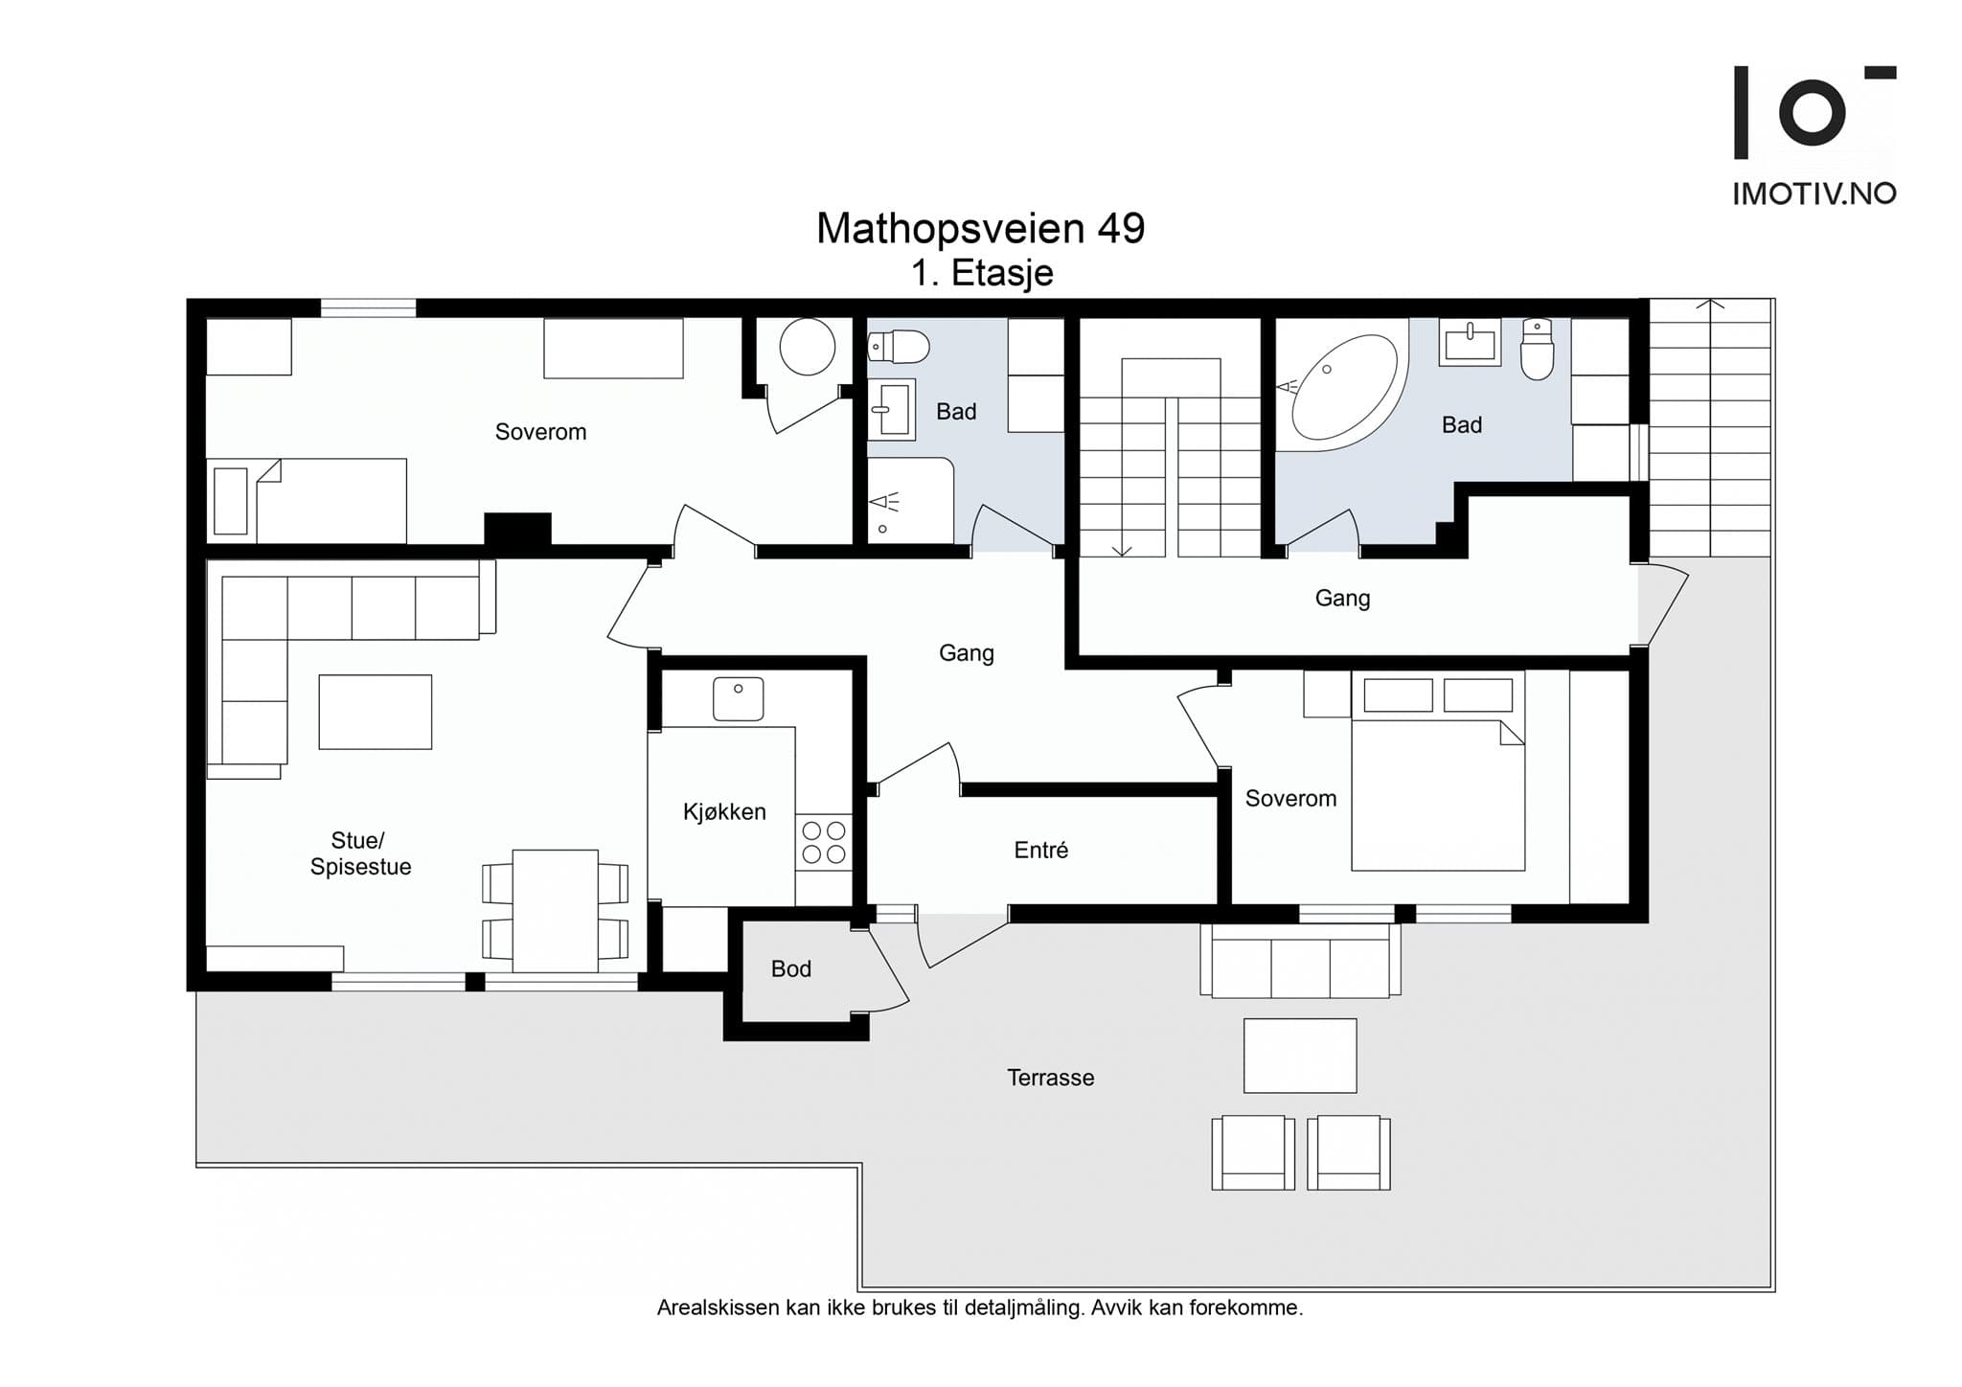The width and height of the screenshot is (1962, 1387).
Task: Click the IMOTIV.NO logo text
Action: click(x=1814, y=193)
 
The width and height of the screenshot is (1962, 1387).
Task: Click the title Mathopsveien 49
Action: click(x=980, y=228)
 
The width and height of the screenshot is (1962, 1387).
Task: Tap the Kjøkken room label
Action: click(x=724, y=812)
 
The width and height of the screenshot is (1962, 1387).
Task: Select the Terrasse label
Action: click(x=1050, y=1078)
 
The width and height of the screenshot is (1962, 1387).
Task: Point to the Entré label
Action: click(x=1040, y=850)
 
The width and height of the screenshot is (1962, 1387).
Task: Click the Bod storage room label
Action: click(x=791, y=969)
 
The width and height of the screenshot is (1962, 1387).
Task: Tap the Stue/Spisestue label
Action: click(x=360, y=853)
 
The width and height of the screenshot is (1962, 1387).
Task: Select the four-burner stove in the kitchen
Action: click(x=824, y=842)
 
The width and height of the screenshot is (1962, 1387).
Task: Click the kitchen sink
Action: click(x=738, y=699)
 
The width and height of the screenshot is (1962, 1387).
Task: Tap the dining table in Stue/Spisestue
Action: click(x=555, y=911)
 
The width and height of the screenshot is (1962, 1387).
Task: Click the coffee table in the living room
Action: click(x=376, y=712)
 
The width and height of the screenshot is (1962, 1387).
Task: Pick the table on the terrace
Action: click(x=1300, y=1056)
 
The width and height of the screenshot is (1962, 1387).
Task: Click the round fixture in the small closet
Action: click(x=808, y=346)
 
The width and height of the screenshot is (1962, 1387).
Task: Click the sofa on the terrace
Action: click(x=1300, y=961)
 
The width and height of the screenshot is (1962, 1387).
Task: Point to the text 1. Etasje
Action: click(x=982, y=274)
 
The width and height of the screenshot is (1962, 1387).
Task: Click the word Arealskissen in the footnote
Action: click(x=718, y=1307)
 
